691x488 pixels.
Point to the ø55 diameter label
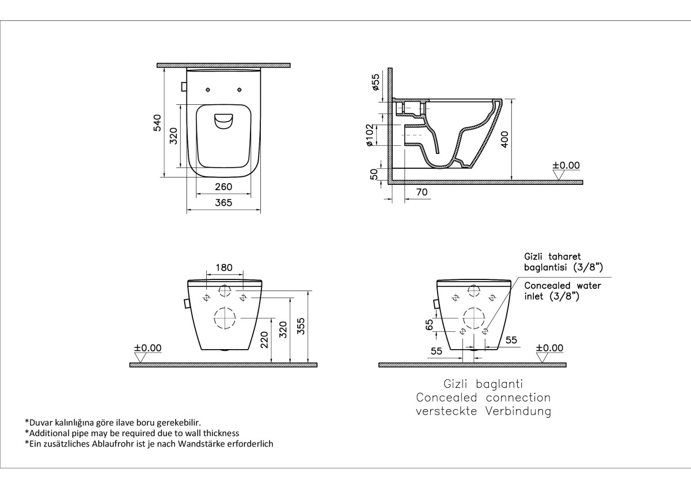point(375,83)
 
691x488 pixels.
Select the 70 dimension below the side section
point(422,192)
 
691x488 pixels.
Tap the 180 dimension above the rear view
point(224,267)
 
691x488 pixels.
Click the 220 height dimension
point(264,340)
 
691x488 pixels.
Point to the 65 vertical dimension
point(429,325)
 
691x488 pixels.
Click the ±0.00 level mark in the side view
point(566,165)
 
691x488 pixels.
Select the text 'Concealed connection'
point(483,398)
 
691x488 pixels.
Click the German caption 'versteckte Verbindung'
point(483,411)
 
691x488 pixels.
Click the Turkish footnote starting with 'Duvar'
point(113,422)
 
